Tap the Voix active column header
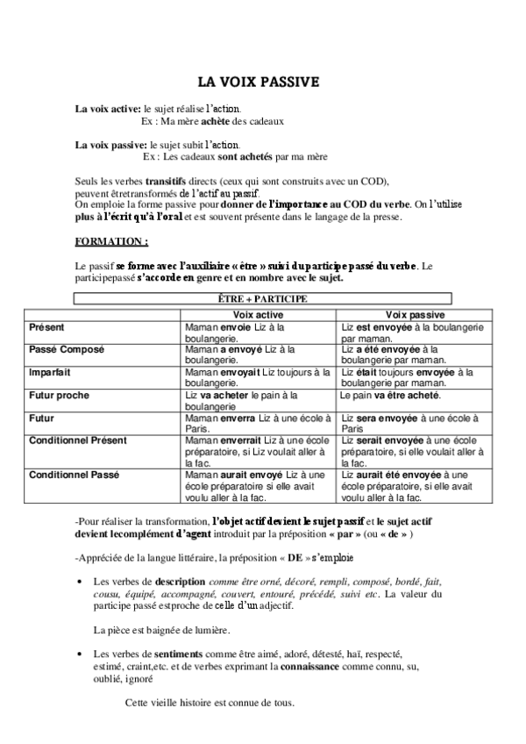(258, 313)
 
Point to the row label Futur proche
(59, 396)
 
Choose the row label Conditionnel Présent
(78, 440)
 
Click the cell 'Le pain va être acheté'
(390, 396)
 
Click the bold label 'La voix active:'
(108, 108)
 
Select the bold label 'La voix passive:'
(111, 145)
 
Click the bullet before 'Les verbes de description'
(81, 582)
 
